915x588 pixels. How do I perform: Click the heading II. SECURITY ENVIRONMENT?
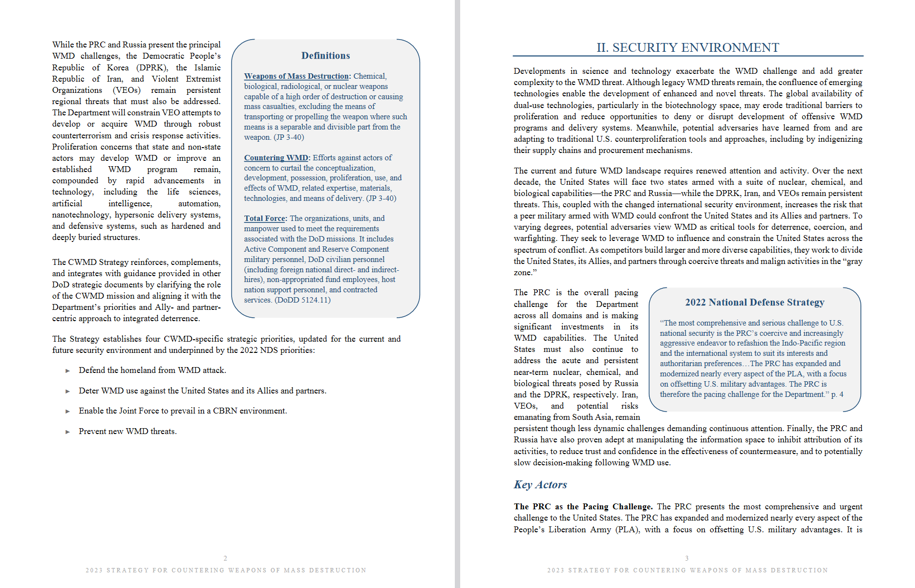pyautogui.click(x=687, y=47)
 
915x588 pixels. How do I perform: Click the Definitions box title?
pyautogui.click(x=325, y=56)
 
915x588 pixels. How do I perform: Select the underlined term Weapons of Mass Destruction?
pyautogui.click(x=297, y=76)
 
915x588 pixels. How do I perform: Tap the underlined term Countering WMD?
pyautogui.click(x=276, y=158)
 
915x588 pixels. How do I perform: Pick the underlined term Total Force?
pyautogui.click(x=264, y=218)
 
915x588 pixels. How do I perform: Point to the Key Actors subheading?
pyautogui.click(x=540, y=484)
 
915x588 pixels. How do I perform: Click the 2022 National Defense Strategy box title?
pyautogui.click(x=754, y=302)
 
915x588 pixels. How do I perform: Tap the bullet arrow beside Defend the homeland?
pyautogui.click(x=68, y=371)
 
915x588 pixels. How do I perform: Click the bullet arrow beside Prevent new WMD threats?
pyautogui.click(x=68, y=432)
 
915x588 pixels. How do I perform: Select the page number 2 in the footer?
pyautogui.click(x=225, y=558)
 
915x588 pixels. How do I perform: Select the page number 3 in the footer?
pyautogui.click(x=687, y=558)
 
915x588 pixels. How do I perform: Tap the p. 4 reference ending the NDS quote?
pyautogui.click(x=837, y=394)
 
